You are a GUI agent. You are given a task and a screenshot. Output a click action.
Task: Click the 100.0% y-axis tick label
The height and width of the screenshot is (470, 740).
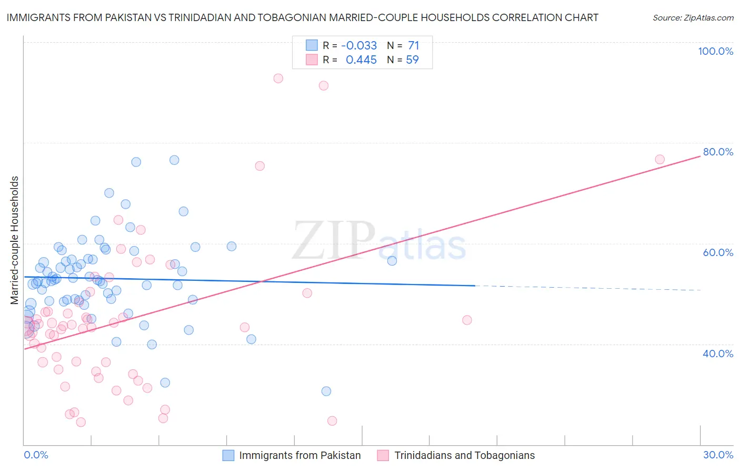pos(715,51)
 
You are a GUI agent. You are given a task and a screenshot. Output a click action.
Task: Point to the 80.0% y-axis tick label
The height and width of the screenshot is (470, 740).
pos(718,152)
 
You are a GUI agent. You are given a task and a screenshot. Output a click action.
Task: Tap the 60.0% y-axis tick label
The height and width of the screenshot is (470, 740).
pos(718,252)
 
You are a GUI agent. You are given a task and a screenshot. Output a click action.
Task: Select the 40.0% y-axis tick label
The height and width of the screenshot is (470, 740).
pos(718,354)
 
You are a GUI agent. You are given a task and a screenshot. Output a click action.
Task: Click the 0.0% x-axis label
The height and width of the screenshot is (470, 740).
pos(36,455)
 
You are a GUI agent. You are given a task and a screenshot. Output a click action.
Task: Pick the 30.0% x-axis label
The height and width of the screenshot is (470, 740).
pos(718,455)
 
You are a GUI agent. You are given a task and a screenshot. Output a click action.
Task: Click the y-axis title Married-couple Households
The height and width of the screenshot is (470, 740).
pos(15,240)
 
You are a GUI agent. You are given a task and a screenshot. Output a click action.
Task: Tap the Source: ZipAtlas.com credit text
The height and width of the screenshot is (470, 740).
pos(693,17)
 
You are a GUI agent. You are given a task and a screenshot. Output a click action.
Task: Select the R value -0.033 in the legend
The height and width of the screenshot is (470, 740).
pos(359,45)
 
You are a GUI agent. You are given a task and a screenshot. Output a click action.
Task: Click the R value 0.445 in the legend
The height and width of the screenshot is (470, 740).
pos(361,60)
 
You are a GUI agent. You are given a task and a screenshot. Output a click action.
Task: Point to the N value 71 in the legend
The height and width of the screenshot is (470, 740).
pos(413,45)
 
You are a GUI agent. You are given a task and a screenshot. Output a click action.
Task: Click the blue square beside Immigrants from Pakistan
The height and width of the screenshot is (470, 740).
pos(228,455)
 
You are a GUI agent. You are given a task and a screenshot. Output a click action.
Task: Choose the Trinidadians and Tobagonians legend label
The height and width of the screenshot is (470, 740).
pos(464,455)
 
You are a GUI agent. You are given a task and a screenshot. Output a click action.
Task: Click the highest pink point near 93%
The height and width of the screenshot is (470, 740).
pos(278,79)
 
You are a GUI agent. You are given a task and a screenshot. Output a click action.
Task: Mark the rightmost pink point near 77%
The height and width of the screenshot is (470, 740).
pos(659,159)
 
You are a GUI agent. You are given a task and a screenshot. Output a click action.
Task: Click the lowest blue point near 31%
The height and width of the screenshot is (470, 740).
pos(326,391)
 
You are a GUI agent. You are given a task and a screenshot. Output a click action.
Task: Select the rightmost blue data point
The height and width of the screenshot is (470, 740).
pos(392,261)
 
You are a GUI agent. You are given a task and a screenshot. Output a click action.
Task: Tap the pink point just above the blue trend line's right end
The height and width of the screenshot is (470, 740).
pos(467,320)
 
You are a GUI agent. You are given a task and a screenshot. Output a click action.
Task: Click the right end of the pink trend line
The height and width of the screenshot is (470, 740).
pos(700,156)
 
